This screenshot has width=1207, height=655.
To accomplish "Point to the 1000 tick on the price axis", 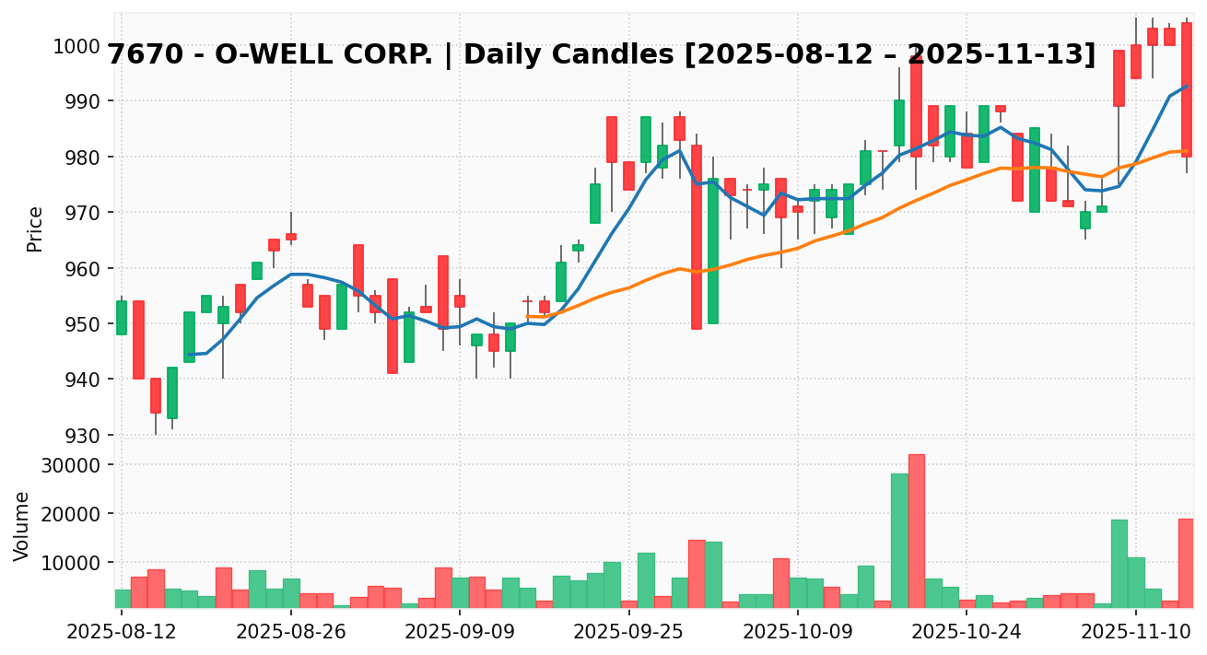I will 80,46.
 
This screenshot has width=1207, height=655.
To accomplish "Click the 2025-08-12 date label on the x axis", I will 122,633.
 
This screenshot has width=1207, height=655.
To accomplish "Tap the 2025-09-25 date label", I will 629,633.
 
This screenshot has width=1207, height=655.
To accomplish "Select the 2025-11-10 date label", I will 1136,633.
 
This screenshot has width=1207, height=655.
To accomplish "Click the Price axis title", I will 35,228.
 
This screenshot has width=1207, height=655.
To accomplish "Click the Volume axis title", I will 22,526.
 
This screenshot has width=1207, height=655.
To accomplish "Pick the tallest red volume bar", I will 916,530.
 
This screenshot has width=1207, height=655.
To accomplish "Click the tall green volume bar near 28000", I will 899,539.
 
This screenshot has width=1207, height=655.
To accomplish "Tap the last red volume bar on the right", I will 1186,562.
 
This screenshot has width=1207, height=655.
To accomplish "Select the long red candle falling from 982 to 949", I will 697,237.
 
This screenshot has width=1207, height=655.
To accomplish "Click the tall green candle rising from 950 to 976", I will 713,251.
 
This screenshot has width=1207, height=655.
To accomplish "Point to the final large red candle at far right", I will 1187,89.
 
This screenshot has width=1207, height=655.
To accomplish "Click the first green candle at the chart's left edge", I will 122,317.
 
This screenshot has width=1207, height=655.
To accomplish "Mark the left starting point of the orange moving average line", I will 528,316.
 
